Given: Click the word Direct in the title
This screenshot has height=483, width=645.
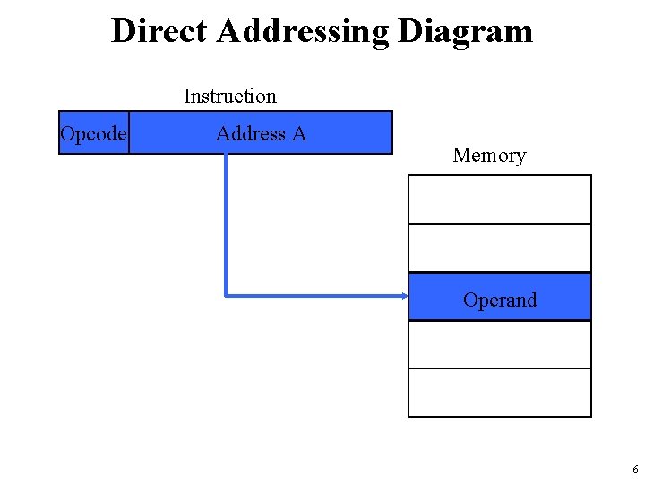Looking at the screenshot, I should (159, 31).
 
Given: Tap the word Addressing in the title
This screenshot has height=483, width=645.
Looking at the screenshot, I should (303, 31).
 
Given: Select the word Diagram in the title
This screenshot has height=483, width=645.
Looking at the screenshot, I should (465, 31).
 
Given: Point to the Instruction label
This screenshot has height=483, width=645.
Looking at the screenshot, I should (230, 96).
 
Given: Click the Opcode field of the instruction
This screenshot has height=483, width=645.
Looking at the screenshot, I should (93, 133).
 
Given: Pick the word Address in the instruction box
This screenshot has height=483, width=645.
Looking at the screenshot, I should (250, 134).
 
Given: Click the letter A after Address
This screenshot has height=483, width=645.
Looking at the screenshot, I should (298, 134).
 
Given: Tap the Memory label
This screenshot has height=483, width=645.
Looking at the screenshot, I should (489, 156).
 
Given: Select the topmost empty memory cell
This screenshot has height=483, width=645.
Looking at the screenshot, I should (500, 199).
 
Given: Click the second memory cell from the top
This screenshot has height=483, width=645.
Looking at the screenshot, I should (500, 248).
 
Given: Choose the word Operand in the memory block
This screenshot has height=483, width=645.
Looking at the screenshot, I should (500, 300).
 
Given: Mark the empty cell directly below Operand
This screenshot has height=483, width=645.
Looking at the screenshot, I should (500, 344).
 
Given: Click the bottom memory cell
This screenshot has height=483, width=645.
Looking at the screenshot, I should (500, 393).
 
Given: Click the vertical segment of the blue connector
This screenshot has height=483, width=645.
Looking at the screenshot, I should (226, 224).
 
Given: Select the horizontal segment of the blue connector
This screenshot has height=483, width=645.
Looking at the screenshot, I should (314, 295).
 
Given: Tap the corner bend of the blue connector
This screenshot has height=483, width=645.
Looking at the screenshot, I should (226, 294).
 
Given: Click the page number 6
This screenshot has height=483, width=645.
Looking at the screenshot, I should (634, 470).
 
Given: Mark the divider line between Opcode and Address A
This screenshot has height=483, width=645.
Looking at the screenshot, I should (129, 132).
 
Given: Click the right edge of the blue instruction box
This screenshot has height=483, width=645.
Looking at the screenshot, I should (392, 132).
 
